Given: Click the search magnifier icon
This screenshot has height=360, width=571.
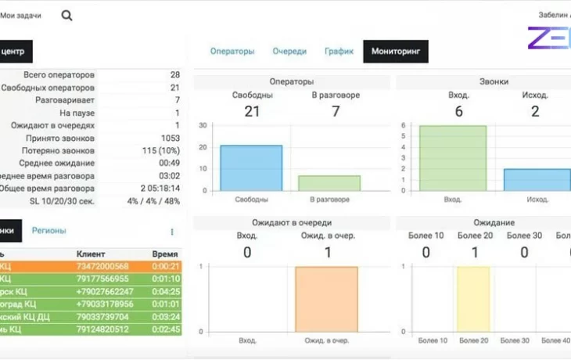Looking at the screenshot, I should tap(66, 15).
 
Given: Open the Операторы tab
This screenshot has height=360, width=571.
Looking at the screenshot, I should tap(232, 52).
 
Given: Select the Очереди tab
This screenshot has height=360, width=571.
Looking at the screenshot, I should tap(289, 52).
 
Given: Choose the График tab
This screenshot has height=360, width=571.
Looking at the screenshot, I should tap(339, 52).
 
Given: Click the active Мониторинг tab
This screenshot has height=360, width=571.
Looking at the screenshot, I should tap(395, 52).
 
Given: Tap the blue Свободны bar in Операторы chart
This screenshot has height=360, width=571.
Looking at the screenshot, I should tap(251, 167).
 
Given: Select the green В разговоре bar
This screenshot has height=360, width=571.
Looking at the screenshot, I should tap(329, 183).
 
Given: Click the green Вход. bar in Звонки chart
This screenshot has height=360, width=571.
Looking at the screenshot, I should tap(453, 158).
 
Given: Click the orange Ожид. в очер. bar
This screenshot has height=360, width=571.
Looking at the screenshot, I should tap(326, 299).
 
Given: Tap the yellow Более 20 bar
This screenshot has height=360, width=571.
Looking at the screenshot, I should tap(473, 299).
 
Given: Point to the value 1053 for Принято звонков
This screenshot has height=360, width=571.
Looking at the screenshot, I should tap(168, 138).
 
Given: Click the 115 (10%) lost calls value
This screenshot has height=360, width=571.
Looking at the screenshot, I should tap(161, 150).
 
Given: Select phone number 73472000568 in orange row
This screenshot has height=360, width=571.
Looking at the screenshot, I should tap(102, 267).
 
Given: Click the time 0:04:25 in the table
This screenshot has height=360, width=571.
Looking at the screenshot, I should tap(167, 292).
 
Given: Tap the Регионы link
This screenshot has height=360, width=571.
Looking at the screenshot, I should tap(48, 231).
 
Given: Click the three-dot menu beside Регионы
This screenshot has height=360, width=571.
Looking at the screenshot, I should tap(172, 232).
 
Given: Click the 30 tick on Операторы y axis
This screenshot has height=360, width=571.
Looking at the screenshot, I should tap(203, 125).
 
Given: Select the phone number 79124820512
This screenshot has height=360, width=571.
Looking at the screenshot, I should tap(102, 329).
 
